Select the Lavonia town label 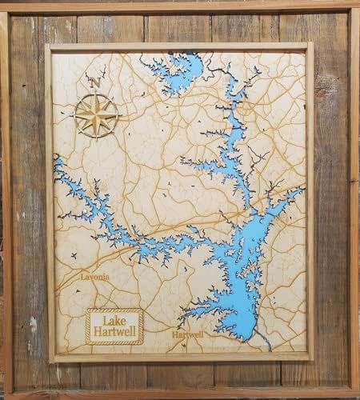[x=95, y=277]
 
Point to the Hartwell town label [x=187, y=334]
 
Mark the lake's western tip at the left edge [x=58, y=164]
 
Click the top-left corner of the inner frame [x=46, y=46]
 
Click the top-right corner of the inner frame [x=312, y=46]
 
